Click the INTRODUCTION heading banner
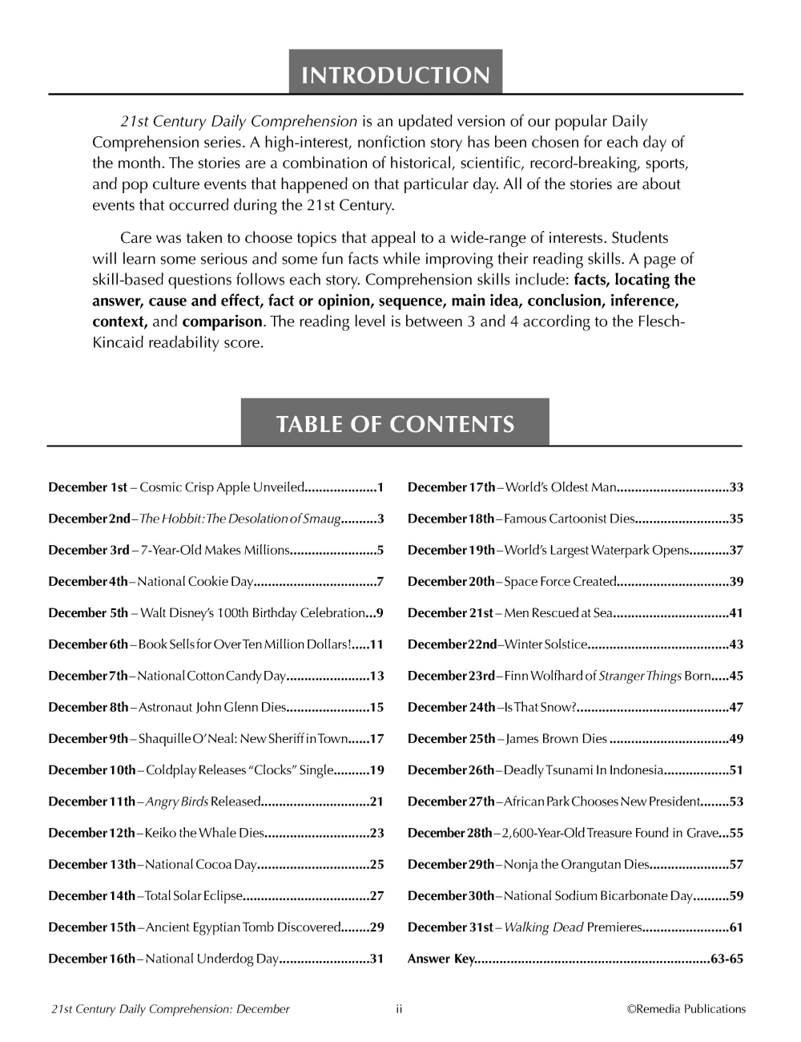click(396, 75)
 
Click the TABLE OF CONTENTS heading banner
click(395, 424)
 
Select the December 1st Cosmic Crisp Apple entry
click(216, 487)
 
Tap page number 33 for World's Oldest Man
click(736, 487)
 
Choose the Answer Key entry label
click(441, 959)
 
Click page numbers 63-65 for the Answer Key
click(727, 959)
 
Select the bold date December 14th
click(92, 896)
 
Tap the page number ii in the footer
click(399, 1009)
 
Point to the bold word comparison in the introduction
click(222, 321)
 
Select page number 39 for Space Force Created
click(736, 582)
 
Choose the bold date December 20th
click(451, 582)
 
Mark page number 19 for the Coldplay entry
click(376, 770)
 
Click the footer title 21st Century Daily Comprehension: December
click(171, 1009)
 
